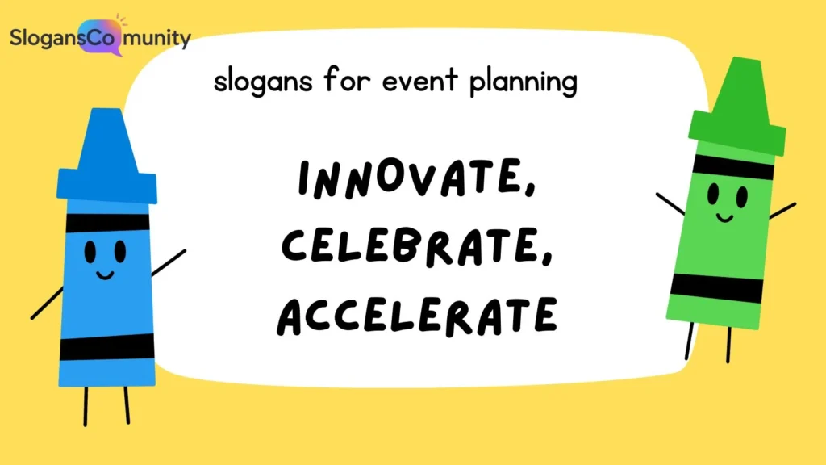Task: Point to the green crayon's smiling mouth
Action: point(724,216)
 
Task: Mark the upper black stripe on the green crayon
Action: point(733,166)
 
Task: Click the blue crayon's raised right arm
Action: point(169,263)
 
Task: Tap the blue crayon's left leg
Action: point(86,405)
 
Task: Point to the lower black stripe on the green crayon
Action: point(716,287)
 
